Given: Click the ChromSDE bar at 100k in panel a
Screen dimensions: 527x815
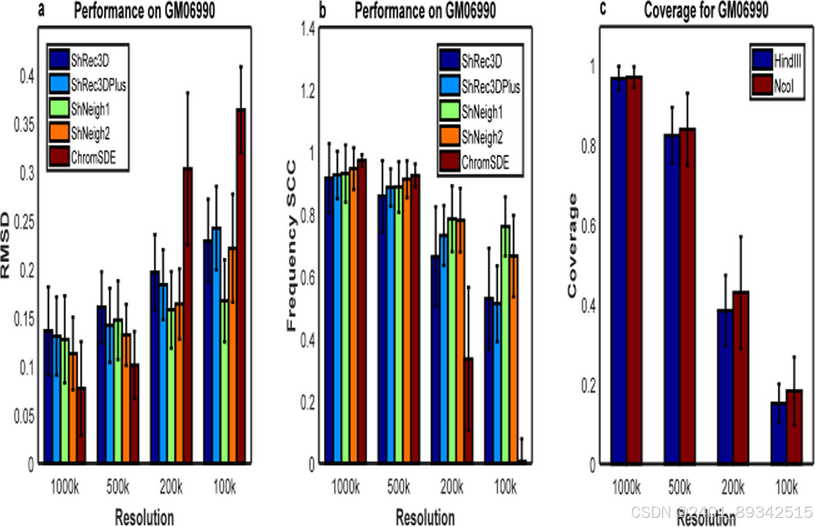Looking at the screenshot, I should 241,287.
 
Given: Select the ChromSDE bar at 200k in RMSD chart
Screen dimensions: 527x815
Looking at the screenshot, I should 188,315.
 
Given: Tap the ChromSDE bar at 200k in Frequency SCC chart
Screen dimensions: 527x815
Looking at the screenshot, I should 468,410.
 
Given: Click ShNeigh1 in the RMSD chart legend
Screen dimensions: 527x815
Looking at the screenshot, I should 90,109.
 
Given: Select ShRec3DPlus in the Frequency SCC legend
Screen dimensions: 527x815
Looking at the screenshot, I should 491,87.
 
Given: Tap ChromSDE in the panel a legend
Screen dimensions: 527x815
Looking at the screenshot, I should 93,157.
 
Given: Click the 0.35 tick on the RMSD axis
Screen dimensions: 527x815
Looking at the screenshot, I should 24,124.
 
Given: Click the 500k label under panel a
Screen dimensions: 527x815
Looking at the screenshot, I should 118,488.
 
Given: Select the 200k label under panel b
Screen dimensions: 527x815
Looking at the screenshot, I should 451,488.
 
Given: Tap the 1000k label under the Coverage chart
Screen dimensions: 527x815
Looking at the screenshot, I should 626,488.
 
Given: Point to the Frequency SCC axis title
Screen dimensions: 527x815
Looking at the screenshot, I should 291,246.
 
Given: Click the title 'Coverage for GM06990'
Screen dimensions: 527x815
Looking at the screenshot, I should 705,10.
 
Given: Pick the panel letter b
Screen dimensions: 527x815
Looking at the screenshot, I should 323,10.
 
